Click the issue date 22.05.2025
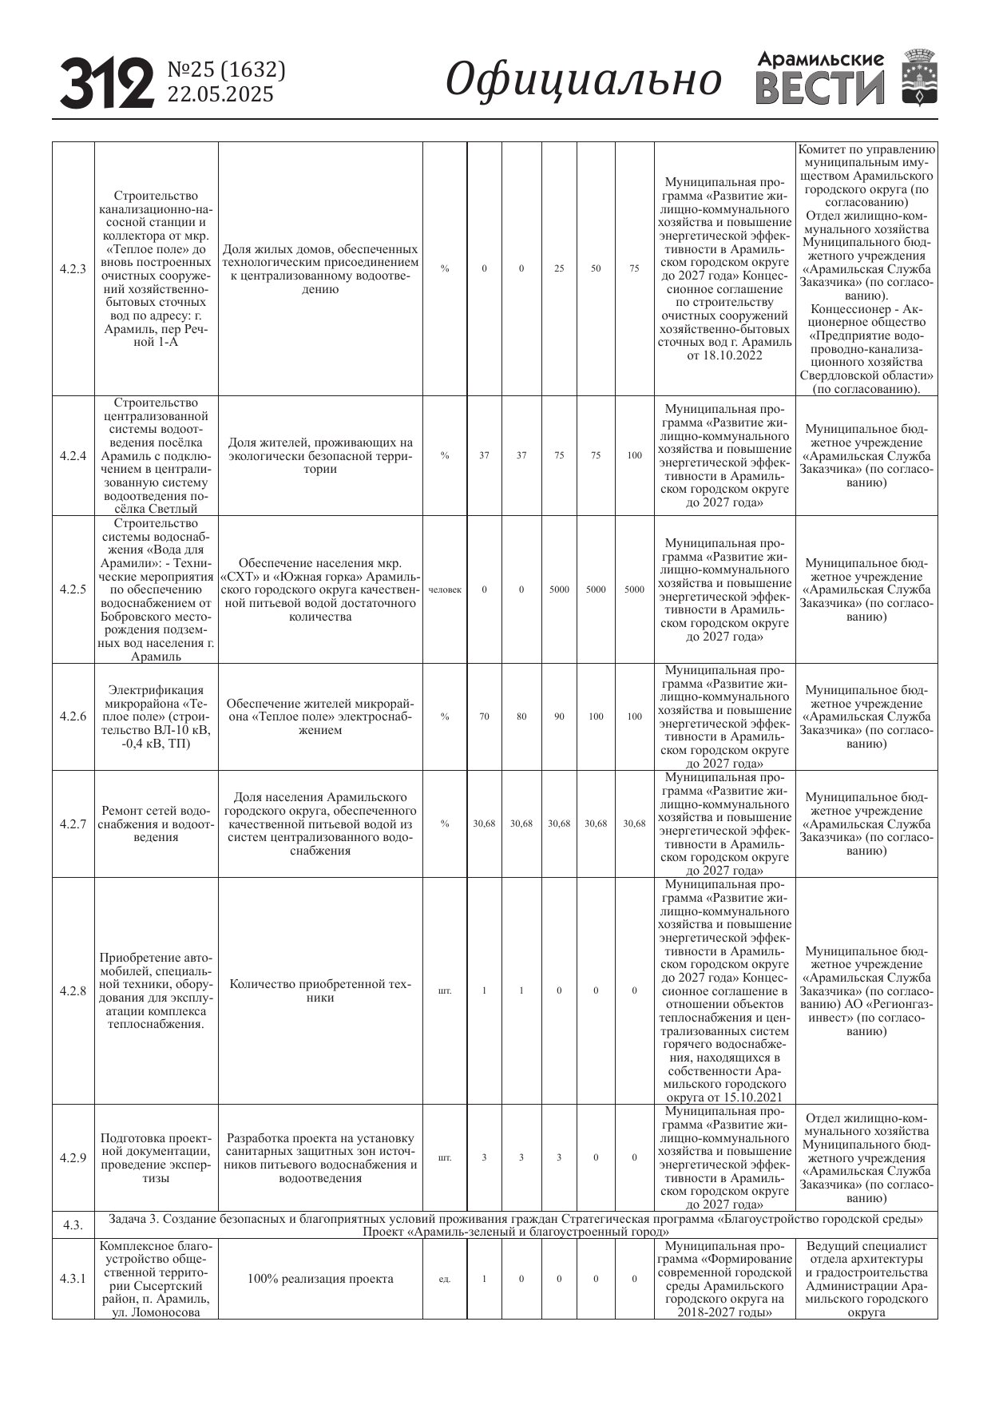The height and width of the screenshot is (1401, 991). [220, 95]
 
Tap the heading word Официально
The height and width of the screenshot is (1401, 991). [583, 80]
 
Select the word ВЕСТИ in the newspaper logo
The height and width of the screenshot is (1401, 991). [820, 89]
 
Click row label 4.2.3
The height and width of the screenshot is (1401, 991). [73, 269]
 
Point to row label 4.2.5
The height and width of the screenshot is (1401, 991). [73, 589]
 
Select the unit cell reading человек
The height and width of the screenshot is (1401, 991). [445, 589]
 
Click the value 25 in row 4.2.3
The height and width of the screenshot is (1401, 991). [559, 269]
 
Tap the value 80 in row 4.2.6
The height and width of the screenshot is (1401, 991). [521, 716]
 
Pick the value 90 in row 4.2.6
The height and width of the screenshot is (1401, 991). [559, 716]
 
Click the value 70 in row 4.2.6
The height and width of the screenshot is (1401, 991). [484, 716]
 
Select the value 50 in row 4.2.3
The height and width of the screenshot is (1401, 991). [596, 269]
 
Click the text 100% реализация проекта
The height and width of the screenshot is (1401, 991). [320, 1280]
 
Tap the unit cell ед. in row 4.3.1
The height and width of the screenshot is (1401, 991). [445, 1280]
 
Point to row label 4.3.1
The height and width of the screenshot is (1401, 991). [73, 1280]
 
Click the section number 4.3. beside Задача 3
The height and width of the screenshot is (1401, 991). [73, 1225]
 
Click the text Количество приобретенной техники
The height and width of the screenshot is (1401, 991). [320, 990]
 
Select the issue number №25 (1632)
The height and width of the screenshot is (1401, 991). [226, 70]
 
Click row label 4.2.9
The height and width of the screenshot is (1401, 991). [73, 1157]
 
